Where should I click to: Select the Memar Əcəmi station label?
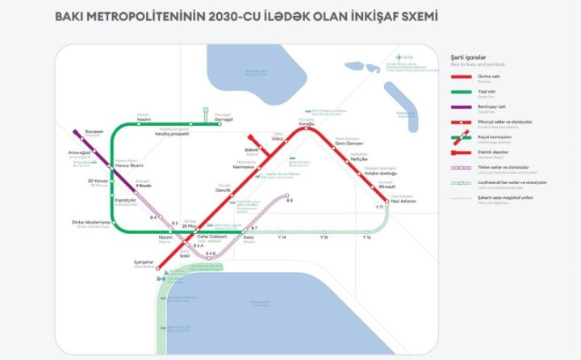[119, 166]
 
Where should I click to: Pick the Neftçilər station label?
[358, 158]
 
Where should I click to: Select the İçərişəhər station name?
[142, 262]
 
